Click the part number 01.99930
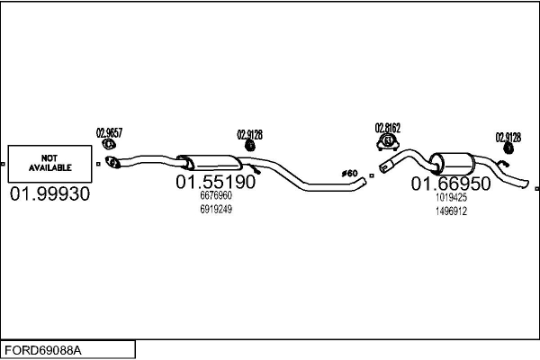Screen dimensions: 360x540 (50, 194)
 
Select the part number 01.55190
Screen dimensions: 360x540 (215, 182)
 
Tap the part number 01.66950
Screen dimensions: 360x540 (451, 184)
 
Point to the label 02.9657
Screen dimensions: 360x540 (109, 132)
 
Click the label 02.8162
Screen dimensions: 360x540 (388, 128)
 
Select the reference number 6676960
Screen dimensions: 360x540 (215, 195)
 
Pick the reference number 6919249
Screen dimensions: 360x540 (215, 209)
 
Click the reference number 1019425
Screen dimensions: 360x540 (451, 197)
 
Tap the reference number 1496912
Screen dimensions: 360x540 (451, 211)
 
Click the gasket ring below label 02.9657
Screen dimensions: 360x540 (109, 144)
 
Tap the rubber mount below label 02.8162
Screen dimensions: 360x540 (388, 141)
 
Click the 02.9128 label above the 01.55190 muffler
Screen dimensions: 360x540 (249, 135)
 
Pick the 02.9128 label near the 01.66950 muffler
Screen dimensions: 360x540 (508, 137)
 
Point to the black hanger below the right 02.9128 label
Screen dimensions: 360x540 (507, 150)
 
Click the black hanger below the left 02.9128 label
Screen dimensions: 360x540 (249, 148)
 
